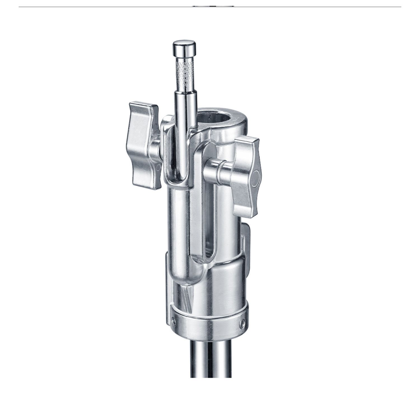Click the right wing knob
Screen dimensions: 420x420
[246, 176]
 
